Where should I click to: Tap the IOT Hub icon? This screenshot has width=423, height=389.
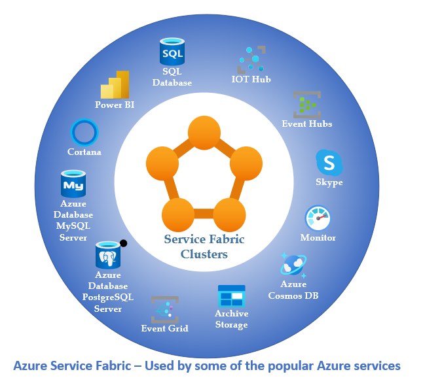click(251, 59)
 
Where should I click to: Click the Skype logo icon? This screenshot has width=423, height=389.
click(329, 161)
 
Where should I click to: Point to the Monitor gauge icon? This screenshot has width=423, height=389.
click(318, 218)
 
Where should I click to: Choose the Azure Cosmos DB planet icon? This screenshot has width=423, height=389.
click(293, 265)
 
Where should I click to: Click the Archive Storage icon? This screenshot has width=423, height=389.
click(231, 296)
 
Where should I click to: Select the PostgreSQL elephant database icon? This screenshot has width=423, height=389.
click(109, 255)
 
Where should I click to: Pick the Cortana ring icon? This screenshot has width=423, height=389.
click(84, 133)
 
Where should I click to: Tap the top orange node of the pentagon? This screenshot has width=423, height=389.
click(204, 131)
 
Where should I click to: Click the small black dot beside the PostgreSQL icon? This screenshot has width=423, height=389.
click(123, 243)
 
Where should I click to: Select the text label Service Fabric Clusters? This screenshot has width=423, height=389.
click(204, 246)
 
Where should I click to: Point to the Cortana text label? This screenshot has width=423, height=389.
click(84, 152)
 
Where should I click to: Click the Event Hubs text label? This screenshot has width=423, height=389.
click(306, 124)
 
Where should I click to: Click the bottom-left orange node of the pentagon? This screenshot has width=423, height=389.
click(177, 213)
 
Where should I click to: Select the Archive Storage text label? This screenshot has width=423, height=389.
click(231, 319)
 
